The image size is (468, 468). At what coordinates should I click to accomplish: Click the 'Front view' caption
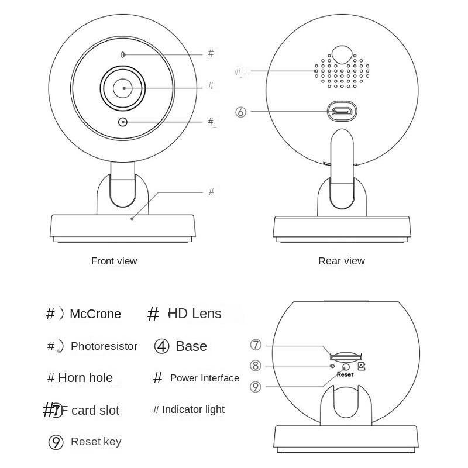coord(114,261)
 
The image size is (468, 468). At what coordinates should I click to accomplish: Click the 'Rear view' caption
coord(341,261)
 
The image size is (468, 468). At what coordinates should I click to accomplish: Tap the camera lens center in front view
coord(123,88)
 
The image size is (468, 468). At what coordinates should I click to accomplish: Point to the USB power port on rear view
coord(342,111)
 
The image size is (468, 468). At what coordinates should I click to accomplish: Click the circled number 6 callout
coord(241,112)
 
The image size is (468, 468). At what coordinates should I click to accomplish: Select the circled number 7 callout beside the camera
coord(256,345)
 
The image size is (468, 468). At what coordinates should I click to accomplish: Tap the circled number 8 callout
coord(256,366)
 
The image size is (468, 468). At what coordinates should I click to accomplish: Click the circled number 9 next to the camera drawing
coord(256,386)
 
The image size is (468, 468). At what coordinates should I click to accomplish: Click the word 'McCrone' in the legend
coord(95,314)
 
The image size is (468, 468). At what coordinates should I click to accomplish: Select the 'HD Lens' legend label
coord(195,314)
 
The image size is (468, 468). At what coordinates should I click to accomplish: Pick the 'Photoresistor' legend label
coord(104,346)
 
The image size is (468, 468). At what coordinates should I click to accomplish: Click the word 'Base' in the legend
coord(191,346)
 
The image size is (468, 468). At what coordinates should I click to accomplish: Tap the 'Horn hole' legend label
coord(85,378)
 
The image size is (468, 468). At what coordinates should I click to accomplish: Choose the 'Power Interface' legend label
coord(205,378)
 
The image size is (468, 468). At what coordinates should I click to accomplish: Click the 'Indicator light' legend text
coord(193,409)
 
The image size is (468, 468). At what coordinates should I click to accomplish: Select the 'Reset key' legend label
coord(96,441)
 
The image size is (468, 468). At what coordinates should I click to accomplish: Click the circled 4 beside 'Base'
coord(162,346)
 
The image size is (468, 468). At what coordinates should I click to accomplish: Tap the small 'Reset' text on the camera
coord(345,374)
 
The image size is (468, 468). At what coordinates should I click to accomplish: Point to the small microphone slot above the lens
coord(123,54)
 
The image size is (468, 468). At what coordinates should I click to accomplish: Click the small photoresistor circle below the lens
coord(123,122)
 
